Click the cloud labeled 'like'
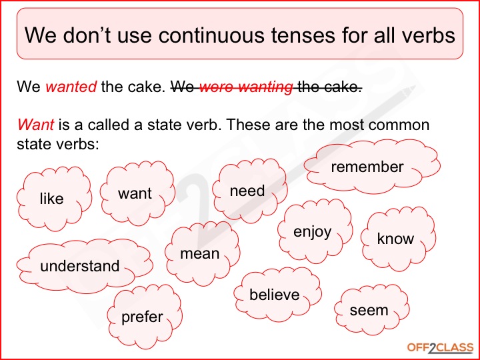[54, 199]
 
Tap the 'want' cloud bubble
[138, 193]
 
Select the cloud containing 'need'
[250, 191]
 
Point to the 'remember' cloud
[372, 167]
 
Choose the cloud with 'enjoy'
[315, 231]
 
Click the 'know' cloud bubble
[398, 239]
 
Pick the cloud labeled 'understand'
[85, 266]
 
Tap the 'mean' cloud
[203, 254]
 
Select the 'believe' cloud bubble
[277, 295]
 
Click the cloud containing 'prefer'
[145, 317]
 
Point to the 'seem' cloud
[371, 310]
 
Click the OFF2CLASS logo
[440, 348]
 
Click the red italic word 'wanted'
[71, 87]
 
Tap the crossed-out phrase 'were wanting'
[246, 87]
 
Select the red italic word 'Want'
[35, 125]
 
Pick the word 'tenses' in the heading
[303, 35]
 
